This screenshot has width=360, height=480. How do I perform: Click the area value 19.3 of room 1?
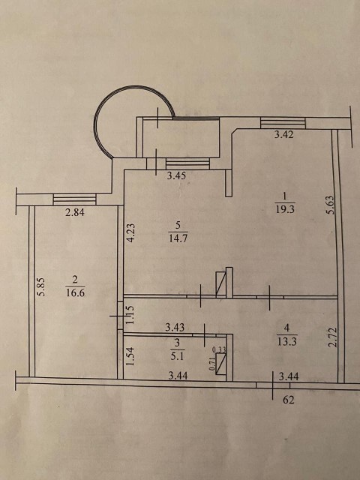285,209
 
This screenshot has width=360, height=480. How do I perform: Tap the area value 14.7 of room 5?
178,238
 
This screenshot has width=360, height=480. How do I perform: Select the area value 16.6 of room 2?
75,293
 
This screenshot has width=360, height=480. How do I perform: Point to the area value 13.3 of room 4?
286,341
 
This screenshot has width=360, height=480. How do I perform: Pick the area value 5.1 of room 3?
178,356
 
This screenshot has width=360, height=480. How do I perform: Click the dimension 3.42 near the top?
283,135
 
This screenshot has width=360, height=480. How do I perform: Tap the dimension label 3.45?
176,176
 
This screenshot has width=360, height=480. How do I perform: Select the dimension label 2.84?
75,212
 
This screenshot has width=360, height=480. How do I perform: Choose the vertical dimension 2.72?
332,337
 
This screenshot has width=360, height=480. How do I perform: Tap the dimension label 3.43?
175,328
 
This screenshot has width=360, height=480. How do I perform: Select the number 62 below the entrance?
288,400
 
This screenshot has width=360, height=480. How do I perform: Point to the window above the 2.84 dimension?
75,199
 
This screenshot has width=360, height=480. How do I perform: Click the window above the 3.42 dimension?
283,123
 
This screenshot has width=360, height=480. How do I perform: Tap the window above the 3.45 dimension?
187,163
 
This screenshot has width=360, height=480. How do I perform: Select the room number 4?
286,328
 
